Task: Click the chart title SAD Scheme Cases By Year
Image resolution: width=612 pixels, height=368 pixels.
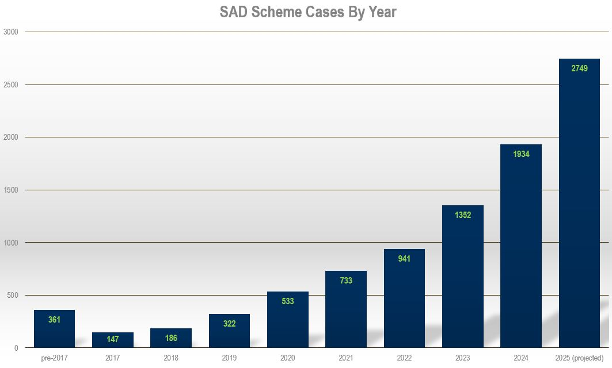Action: click(x=308, y=12)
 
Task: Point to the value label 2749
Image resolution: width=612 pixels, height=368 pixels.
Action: click(x=579, y=68)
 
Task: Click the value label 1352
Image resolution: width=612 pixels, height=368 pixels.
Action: click(x=462, y=215)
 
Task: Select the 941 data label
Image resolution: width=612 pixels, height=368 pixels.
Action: click(x=404, y=259)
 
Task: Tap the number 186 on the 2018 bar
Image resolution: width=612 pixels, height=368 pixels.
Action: click(x=171, y=338)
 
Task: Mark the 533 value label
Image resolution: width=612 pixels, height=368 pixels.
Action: click(x=288, y=301)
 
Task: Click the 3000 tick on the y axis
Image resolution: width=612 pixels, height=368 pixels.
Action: click(x=11, y=32)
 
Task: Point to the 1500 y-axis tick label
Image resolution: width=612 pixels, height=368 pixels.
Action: click(x=11, y=190)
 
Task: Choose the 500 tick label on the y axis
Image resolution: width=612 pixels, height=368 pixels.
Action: click(x=13, y=295)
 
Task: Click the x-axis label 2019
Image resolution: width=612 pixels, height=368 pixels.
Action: click(x=229, y=358)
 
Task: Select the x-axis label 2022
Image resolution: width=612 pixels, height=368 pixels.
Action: click(x=404, y=358)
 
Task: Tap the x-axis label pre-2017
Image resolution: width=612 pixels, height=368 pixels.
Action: click(x=54, y=358)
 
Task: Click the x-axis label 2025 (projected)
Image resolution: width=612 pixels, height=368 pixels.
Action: click(x=579, y=358)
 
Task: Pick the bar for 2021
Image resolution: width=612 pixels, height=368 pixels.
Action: click(x=346, y=316)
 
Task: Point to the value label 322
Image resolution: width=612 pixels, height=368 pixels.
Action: click(x=229, y=324)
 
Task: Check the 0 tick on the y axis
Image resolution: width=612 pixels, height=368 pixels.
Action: click(x=16, y=348)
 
